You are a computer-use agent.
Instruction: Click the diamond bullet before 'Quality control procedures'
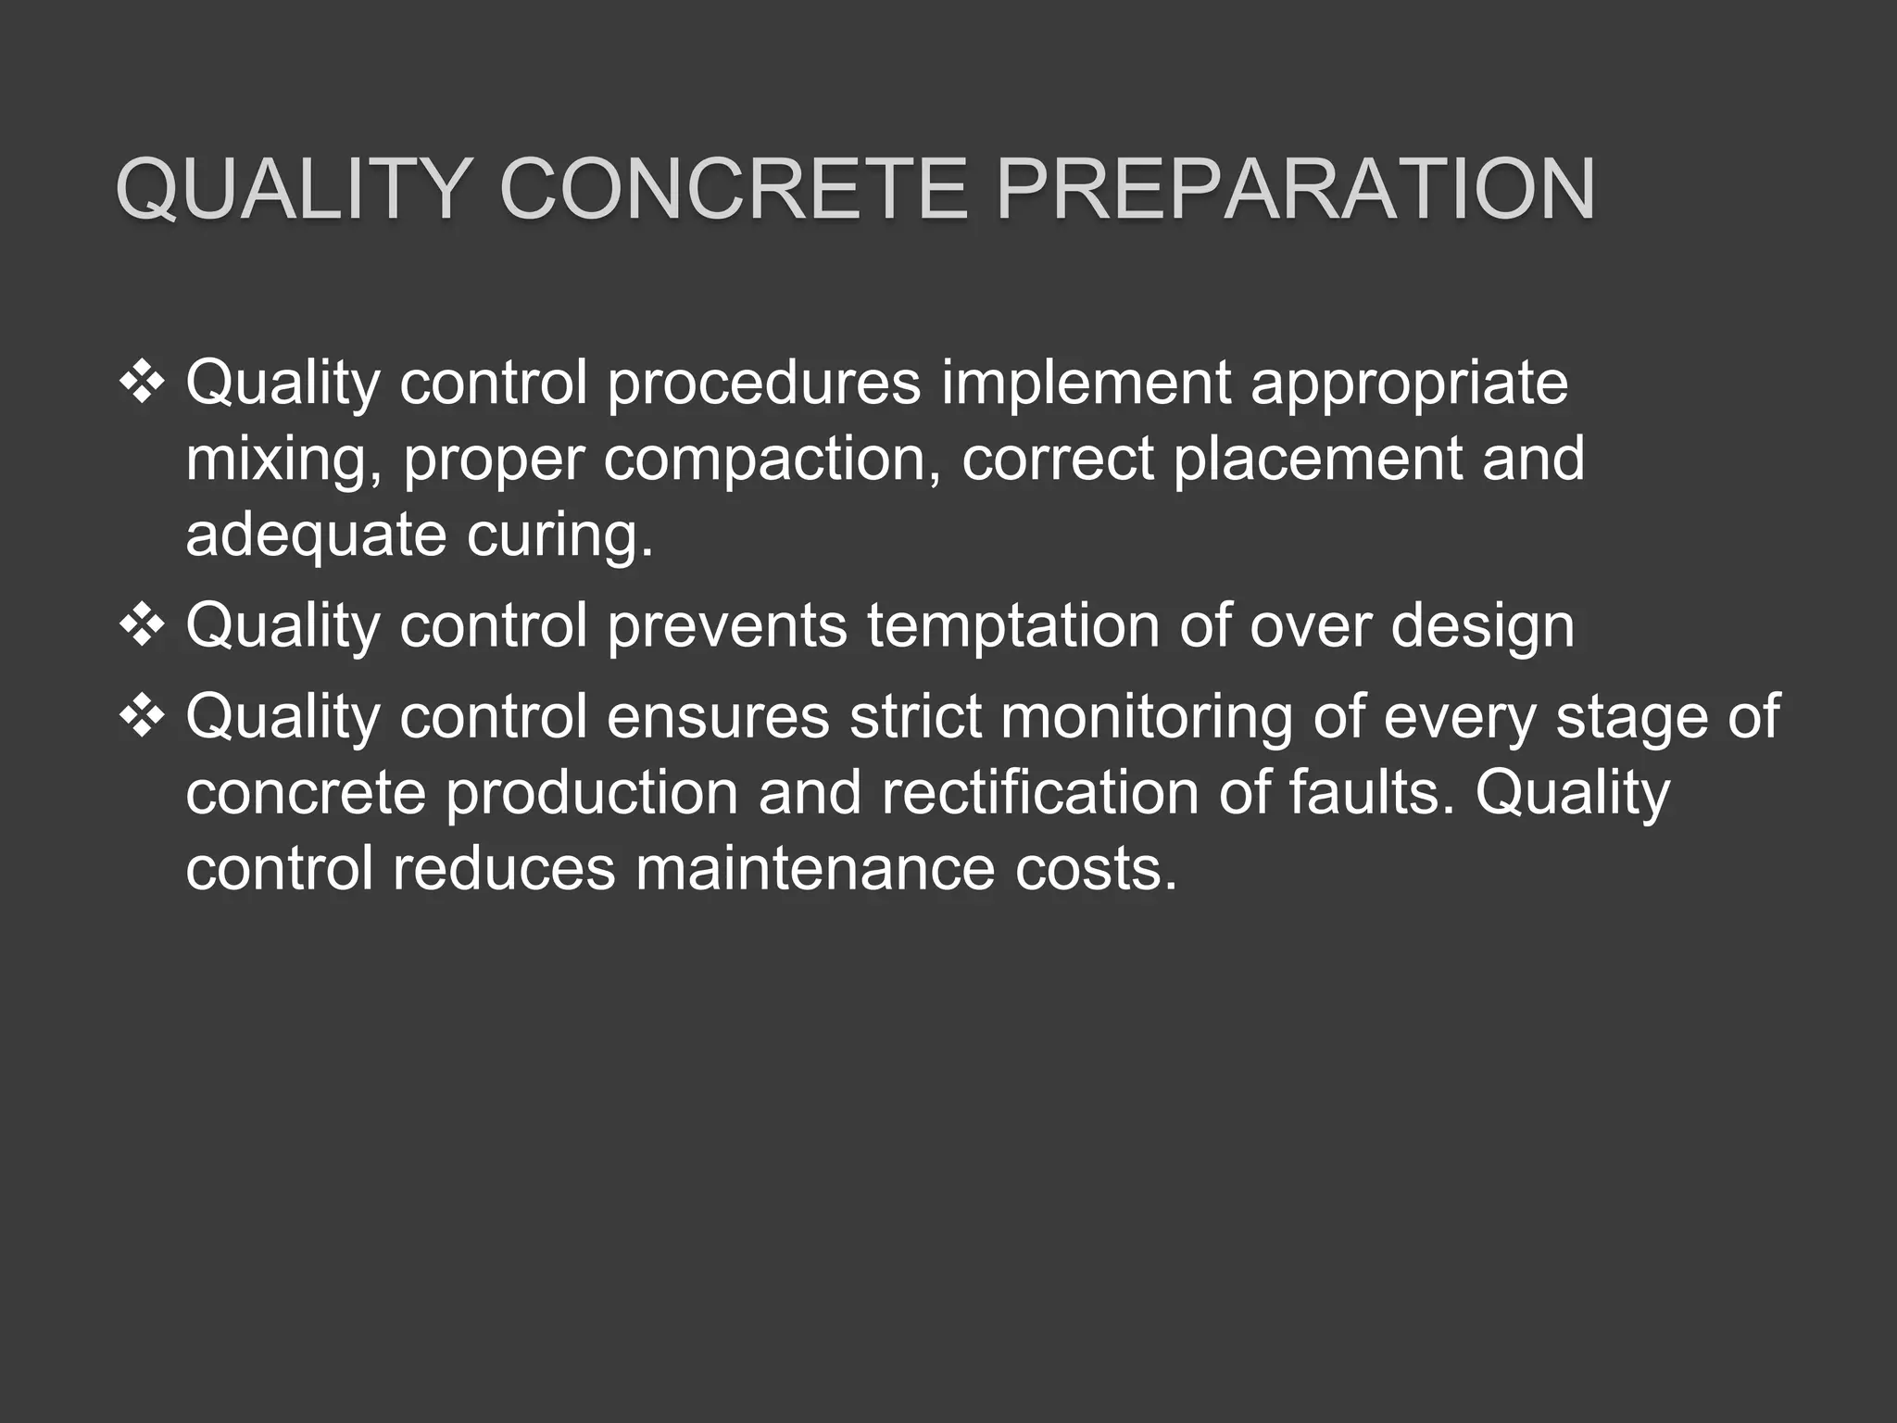click(143, 383)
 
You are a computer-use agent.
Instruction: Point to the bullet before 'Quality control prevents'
click(143, 625)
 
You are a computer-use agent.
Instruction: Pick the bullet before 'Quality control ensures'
click(143, 716)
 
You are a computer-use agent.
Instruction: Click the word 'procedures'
click(764, 383)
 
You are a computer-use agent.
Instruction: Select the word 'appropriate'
click(1409, 383)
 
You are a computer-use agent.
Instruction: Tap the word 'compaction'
click(765, 459)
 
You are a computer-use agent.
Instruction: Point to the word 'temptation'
click(1012, 625)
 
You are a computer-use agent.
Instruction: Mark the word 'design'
click(1482, 625)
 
